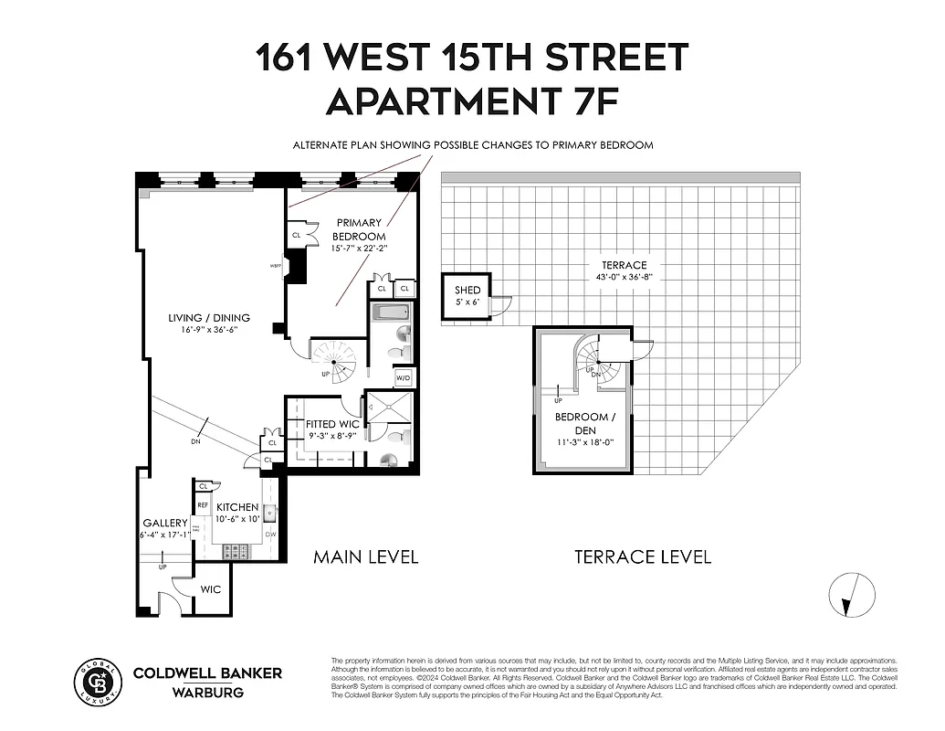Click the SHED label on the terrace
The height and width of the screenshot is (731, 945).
(x=467, y=291)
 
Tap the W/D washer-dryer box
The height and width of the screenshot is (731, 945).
(x=403, y=377)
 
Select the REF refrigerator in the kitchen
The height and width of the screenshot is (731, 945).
(x=203, y=504)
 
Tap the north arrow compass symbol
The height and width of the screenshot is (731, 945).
(x=849, y=594)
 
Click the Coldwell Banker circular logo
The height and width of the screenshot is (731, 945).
(x=97, y=680)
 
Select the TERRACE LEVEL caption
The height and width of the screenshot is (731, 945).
(x=642, y=556)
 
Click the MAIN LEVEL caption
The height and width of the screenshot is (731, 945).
(x=366, y=556)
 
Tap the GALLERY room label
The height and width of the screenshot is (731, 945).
(x=164, y=523)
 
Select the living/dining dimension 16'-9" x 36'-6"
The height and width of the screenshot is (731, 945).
(x=209, y=330)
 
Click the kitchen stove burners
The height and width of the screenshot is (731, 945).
(x=236, y=551)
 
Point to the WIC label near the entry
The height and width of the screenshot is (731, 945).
(x=210, y=589)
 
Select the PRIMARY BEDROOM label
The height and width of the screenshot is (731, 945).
(x=360, y=229)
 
